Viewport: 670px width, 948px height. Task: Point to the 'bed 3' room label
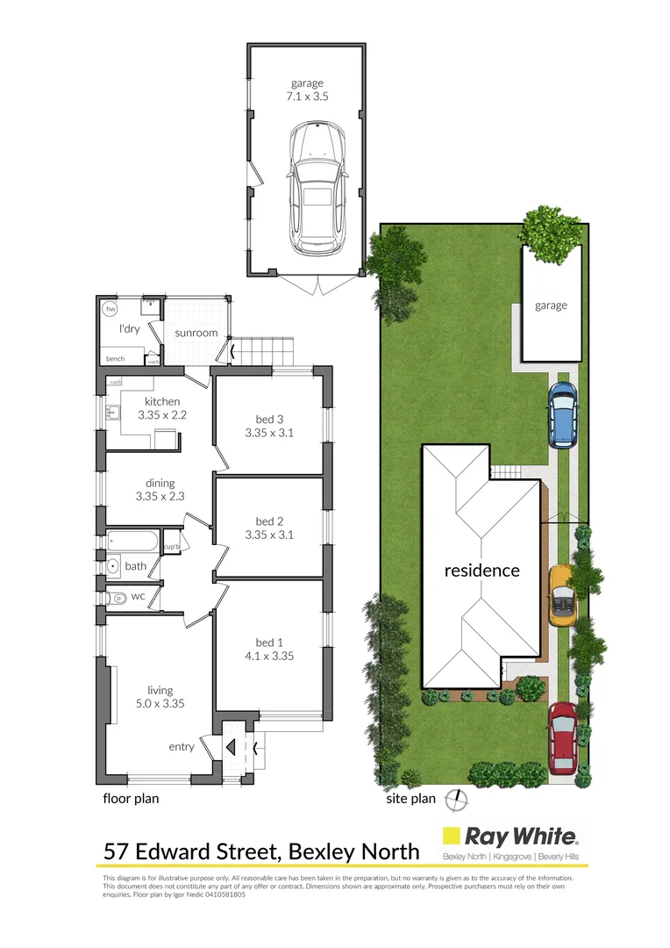(x=272, y=417)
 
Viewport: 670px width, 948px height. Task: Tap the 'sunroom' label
(x=196, y=334)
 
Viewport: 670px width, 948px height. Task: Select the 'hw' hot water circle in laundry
(x=110, y=310)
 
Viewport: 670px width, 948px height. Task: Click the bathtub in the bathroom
(x=133, y=542)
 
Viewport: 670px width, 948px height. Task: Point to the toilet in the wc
(x=115, y=598)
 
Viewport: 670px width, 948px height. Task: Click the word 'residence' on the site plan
(x=481, y=571)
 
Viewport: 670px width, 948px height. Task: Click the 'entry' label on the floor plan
(x=182, y=747)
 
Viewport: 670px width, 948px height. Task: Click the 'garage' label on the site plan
(x=552, y=305)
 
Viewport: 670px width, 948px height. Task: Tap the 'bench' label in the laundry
(x=115, y=359)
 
